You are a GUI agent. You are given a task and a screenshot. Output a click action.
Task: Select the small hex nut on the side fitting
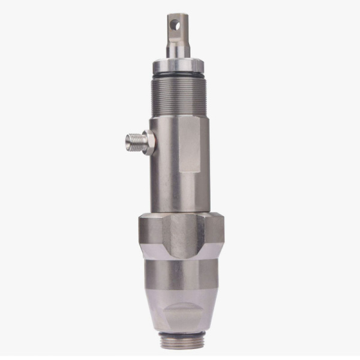point(148,143)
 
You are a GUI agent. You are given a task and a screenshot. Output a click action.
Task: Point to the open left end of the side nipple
point(127,142)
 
